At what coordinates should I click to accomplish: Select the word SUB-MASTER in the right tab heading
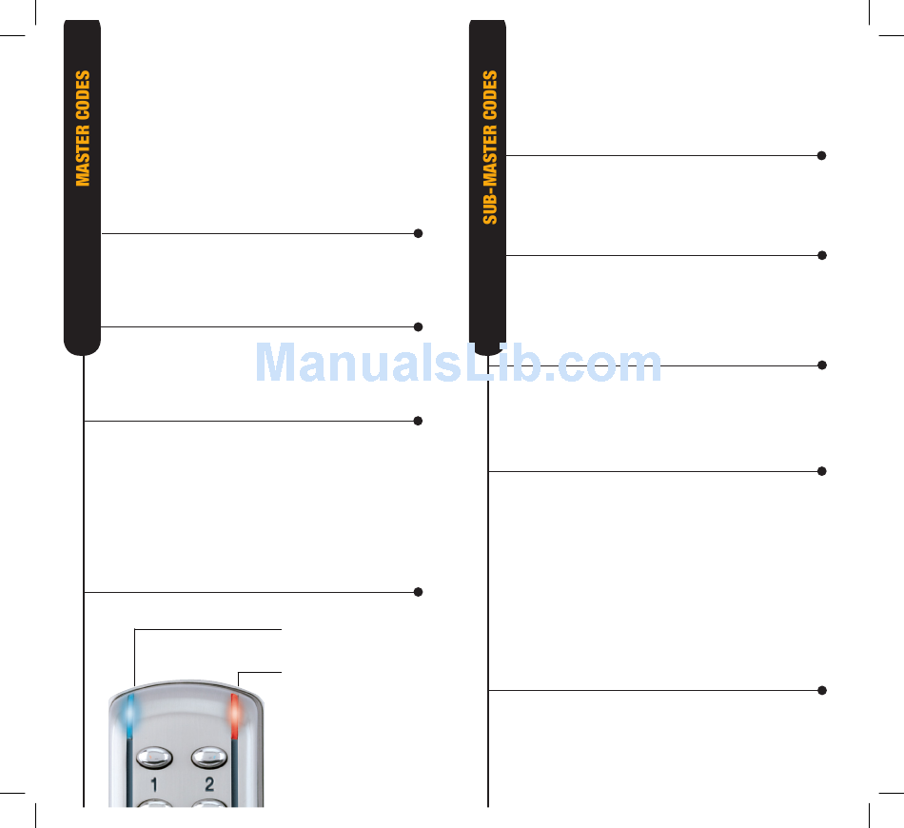pyautogui.click(x=490, y=176)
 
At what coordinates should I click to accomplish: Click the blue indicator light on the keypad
pyautogui.click(x=130, y=715)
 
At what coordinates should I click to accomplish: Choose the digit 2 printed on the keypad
pyautogui.click(x=209, y=786)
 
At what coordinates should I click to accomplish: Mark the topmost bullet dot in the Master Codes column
pyautogui.click(x=418, y=233)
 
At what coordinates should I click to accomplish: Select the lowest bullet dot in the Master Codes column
pyautogui.click(x=418, y=592)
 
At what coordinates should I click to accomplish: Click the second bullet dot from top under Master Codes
pyautogui.click(x=418, y=326)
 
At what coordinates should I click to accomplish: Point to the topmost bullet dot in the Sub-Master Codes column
pyautogui.click(x=821, y=155)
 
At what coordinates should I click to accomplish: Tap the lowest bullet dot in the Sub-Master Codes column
pyautogui.click(x=821, y=689)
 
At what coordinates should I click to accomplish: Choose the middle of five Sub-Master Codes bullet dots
pyautogui.click(x=821, y=365)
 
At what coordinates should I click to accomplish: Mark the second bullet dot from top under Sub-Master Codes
pyautogui.click(x=821, y=255)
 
